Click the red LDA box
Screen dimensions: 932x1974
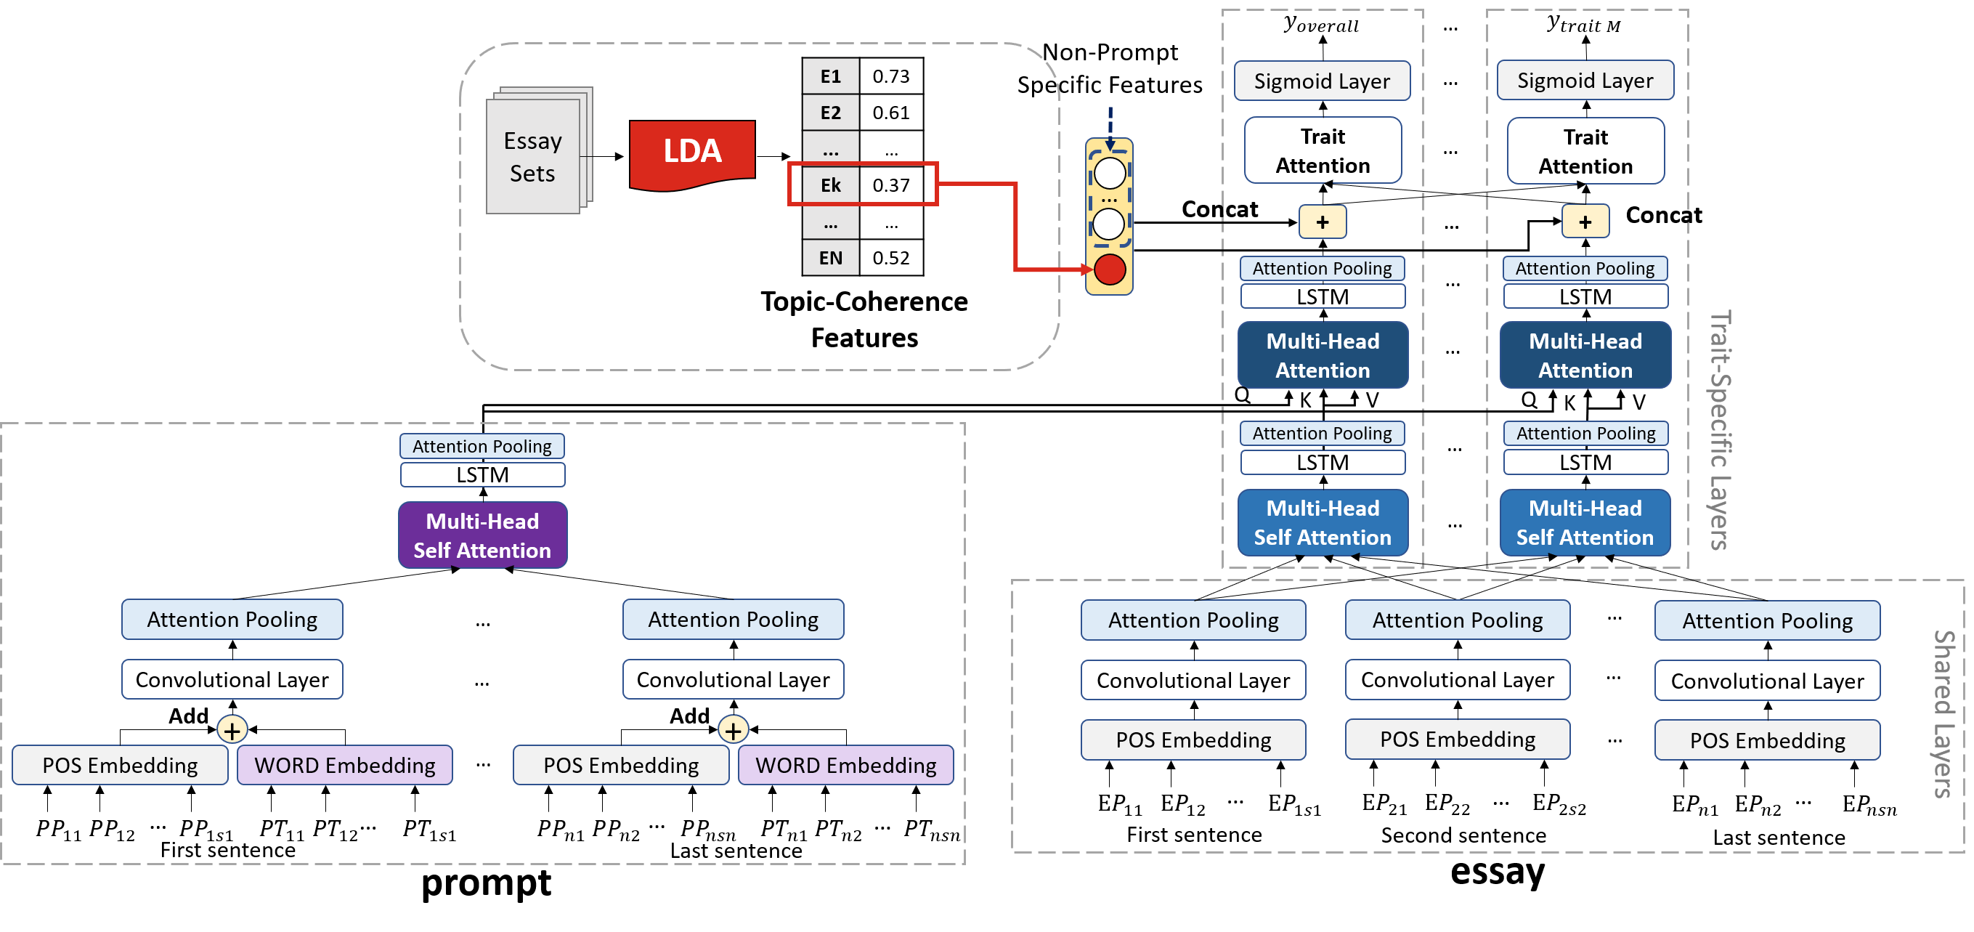[x=692, y=152]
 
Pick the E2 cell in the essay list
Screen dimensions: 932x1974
[x=831, y=113]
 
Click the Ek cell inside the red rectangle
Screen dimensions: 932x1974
[x=831, y=185]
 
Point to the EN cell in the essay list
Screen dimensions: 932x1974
[x=831, y=259]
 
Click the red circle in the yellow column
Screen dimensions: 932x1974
[x=1110, y=270]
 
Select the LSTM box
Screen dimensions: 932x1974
[x=483, y=475]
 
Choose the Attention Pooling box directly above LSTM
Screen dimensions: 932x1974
[x=483, y=446]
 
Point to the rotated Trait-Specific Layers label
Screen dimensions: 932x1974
[x=1720, y=429]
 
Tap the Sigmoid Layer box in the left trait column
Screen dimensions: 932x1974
[x=1322, y=81]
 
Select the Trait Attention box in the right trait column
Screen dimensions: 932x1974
[x=1585, y=152]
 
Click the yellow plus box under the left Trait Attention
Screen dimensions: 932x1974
[x=1323, y=222]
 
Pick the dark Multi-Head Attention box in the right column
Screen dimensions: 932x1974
[x=1585, y=356]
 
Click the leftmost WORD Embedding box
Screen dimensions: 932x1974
[x=345, y=765]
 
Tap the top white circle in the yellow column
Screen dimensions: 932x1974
[x=1110, y=173]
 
